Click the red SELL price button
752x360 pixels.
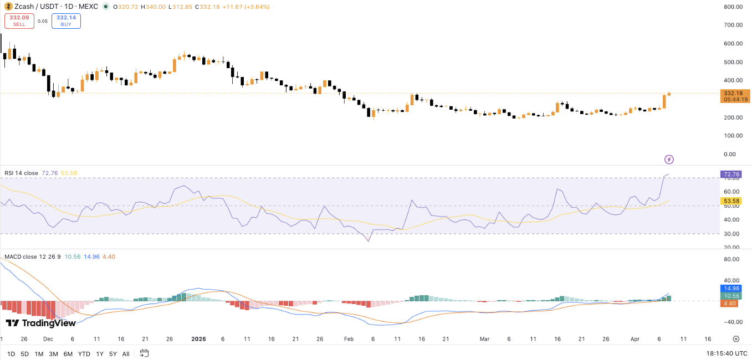point(19,21)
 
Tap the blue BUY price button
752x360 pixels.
point(66,21)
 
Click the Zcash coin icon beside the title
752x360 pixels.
point(9,7)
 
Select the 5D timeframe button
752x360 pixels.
point(24,354)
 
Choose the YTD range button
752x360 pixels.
point(84,354)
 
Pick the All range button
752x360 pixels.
point(126,354)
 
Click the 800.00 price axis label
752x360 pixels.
point(733,7)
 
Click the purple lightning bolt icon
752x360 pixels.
point(669,160)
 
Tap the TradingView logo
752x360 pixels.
point(40,323)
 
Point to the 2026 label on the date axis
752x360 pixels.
point(198,339)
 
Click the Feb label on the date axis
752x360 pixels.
point(348,339)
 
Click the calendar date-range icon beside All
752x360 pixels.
point(144,353)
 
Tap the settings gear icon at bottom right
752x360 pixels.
point(736,339)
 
